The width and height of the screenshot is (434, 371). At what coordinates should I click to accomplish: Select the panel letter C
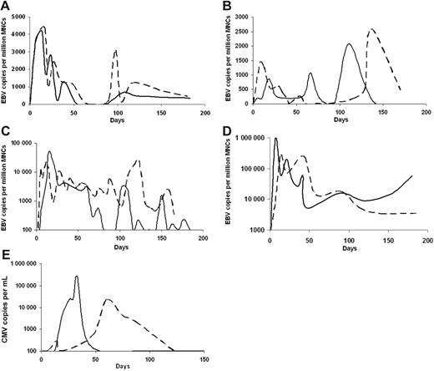coord(6,130)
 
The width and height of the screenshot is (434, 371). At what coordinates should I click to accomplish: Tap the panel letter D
coord(228,130)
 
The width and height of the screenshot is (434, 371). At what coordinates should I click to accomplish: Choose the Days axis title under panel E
coord(123,366)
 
